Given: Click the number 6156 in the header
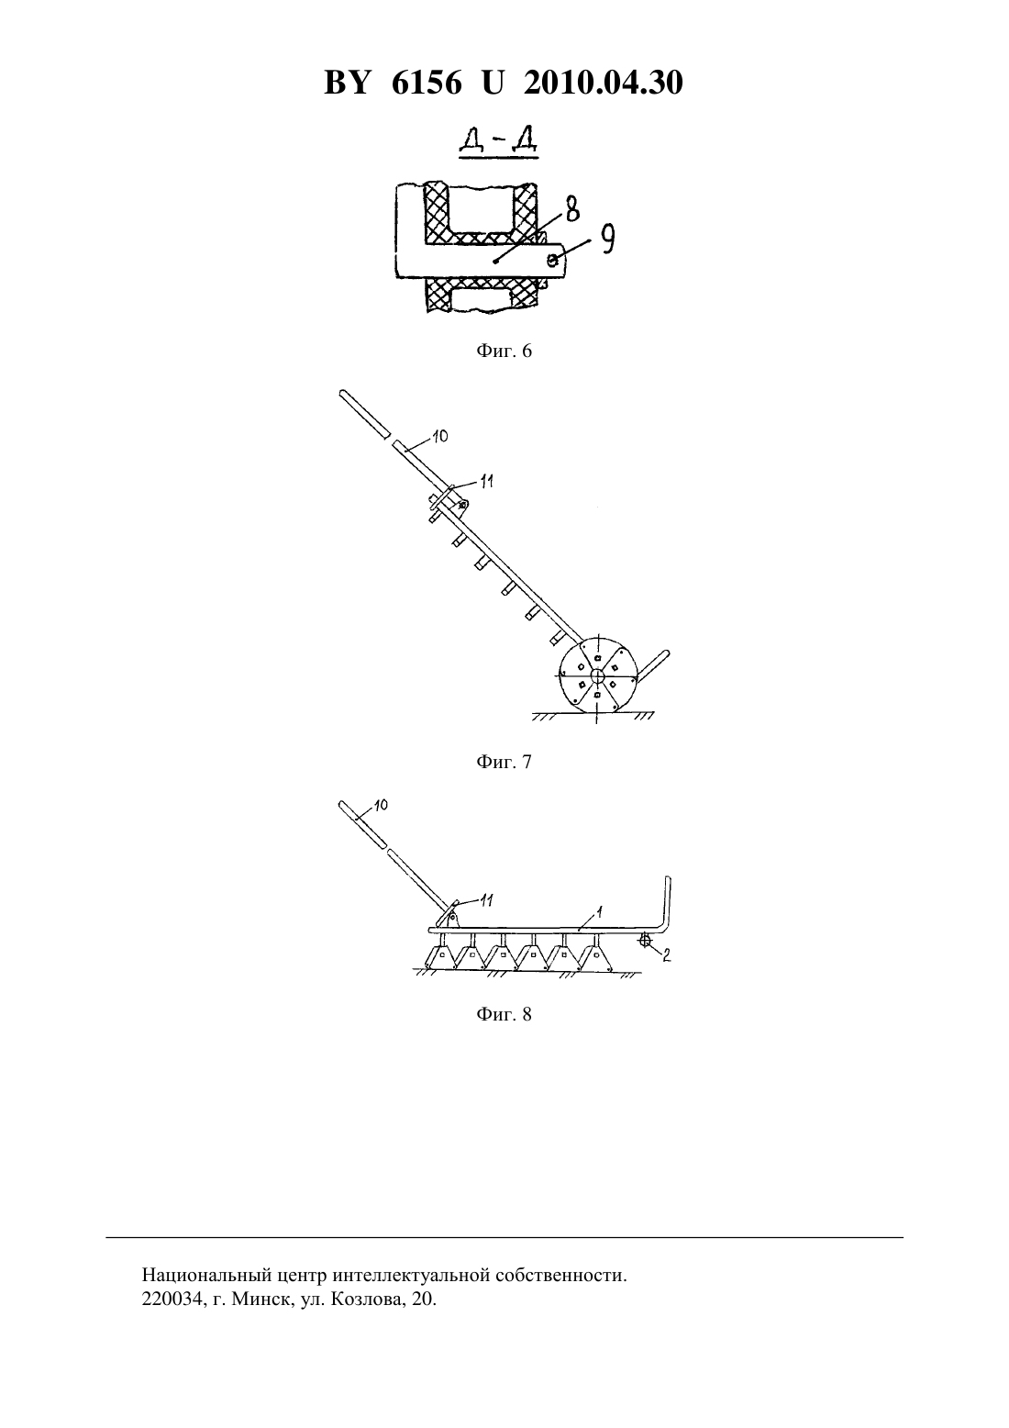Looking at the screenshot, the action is click(x=426, y=83).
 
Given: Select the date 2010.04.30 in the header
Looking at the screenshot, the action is click(x=604, y=83).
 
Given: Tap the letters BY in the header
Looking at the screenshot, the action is click(x=347, y=83).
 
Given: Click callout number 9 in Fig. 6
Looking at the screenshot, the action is click(x=607, y=240).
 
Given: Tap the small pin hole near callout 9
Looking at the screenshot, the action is click(x=553, y=259).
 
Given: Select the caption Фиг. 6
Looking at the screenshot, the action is click(x=504, y=351).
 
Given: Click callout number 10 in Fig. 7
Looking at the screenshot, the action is click(x=440, y=436).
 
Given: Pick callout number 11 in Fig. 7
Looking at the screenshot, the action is click(x=487, y=482).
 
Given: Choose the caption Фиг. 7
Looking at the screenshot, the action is click(x=504, y=762).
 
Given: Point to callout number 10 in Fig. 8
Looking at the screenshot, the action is click(x=380, y=806).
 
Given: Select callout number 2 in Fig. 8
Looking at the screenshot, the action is click(x=666, y=955).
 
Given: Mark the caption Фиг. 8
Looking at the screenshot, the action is click(x=504, y=1014).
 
